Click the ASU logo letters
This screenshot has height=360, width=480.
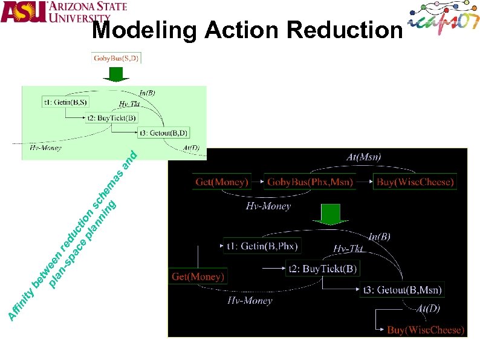coord(24,12)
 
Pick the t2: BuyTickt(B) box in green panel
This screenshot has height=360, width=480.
coord(112,117)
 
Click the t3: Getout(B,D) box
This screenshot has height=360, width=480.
coord(163,133)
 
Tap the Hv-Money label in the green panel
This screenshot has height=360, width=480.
coord(45,147)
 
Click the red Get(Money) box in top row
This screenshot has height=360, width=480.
coord(222,182)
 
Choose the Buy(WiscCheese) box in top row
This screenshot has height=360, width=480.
coord(415,182)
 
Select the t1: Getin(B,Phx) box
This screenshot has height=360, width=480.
coord(262,246)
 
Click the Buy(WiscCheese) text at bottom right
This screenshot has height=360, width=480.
coord(426,330)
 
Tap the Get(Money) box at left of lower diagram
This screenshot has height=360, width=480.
coord(198,277)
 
